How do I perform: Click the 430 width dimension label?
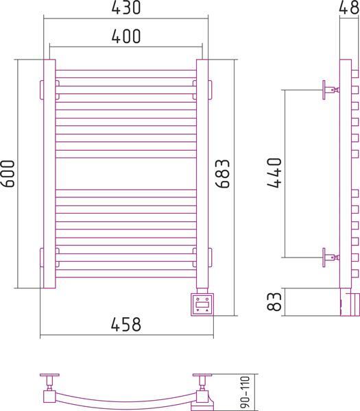coord(126,8)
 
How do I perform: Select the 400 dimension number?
coord(126,36)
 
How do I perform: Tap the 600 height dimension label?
coord(8,173)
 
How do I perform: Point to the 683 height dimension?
coord(222,173)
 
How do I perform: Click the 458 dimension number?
coord(126,324)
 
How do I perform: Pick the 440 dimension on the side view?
coord(274,173)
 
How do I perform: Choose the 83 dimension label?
coord(274,301)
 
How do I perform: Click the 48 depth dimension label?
coord(349,8)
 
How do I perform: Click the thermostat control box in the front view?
coord(202,305)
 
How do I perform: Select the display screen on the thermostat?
coord(202,305)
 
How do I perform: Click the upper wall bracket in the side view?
coord(331,90)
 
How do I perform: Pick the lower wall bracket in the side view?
coord(331,258)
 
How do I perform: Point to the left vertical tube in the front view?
coord(49,174)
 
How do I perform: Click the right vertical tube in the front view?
coord(202,174)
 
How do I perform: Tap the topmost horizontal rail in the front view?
coord(126,74)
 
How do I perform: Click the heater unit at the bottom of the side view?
coord(350,301)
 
